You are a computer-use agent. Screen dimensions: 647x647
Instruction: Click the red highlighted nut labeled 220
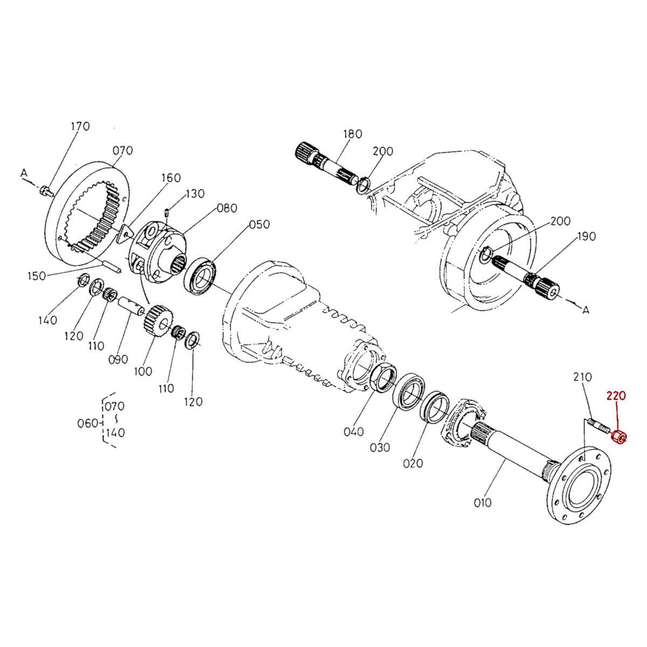(619, 436)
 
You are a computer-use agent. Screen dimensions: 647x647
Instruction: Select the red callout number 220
(616, 395)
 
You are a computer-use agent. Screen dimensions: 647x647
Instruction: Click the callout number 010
(483, 503)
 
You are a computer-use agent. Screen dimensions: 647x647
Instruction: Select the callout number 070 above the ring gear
(122, 150)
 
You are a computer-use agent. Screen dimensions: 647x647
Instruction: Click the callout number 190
(586, 236)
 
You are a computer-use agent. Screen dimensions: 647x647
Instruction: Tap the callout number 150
(37, 276)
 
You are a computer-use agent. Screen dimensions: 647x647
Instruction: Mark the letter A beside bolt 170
(24, 173)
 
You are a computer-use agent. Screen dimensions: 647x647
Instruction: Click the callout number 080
(227, 208)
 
